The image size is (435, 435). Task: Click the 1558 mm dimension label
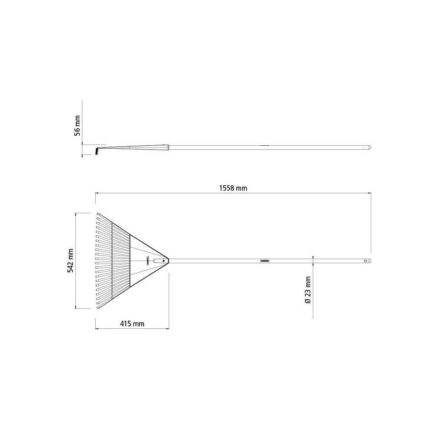(x=233, y=188)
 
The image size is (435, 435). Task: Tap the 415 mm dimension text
(x=132, y=324)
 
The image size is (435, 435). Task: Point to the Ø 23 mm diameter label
(x=308, y=289)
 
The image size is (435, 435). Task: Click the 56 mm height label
(x=77, y=126)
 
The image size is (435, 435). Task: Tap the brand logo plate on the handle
(x=264, y=261)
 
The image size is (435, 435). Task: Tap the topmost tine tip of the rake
(x=98, y=214)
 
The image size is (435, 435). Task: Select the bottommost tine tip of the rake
(x=98, y=308)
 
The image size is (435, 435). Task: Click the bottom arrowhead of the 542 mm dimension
(x=76, y=308)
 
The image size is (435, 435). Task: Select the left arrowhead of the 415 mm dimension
(x=97, y=328)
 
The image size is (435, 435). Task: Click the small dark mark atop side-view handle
(x=264, y=145)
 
